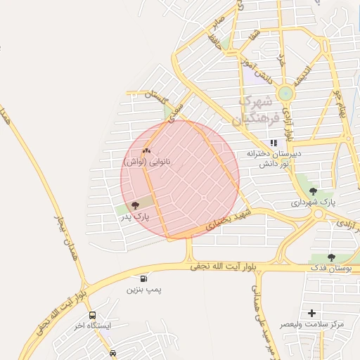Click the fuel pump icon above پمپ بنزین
coord(144,278)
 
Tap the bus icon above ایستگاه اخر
coord(93,316)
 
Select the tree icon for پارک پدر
coord(135,205)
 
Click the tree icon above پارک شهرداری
coord(313,191)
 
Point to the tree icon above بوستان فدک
coord(331,257)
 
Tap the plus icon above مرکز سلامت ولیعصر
coord(311,313)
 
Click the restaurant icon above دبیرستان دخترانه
coord(274,143)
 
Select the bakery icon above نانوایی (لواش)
coord(147,150)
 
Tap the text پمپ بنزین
coord(143,289)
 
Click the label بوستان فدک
coord(330,269)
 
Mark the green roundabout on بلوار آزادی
coord(285,94)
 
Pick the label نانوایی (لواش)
coord(148,162)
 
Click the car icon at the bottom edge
coord(113,353)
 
